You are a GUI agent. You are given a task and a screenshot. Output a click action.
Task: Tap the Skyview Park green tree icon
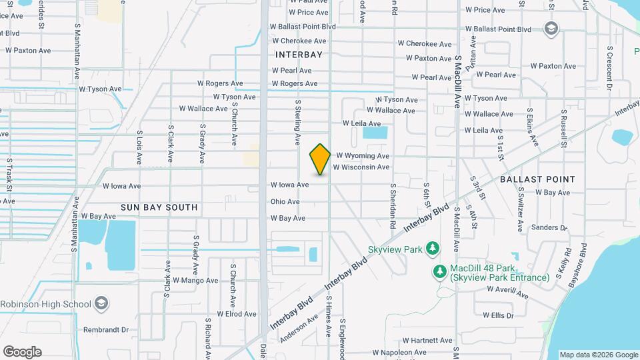pyautogui.click(x=433, y=249)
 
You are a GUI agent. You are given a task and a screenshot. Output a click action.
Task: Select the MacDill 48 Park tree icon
pyautogui.click(x=439, y=271)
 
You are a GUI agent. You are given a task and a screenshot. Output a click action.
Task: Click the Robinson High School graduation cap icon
pyautogui.click(x=101, y=304)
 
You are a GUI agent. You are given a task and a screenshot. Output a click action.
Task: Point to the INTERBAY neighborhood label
pyautogui.click(x=299, y=55)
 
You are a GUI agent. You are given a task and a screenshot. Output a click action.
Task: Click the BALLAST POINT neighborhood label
pyautogui.click(x=537, y=179)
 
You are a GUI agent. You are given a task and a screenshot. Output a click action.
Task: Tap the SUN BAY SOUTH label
pyautogui.click(x=159, y=207)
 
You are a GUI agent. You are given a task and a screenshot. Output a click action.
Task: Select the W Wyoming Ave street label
pyautogui.click(x=363, y=155)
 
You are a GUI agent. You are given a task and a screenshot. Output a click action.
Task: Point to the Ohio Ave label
pyautogui.click(x=285, y=202)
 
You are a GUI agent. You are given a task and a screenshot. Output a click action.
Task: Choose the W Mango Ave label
pyautogui.click(x=195, y=281)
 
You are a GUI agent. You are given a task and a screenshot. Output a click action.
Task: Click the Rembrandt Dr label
pyautogui.click(x=105, y=330)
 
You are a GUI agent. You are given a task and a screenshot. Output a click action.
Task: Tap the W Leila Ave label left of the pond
pyautogui.click(x=361, y=123)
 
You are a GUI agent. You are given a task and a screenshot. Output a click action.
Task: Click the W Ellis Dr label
pyautogui.click(x=499, y=315)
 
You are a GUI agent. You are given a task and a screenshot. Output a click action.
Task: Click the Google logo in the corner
pyautogui.click(x=22, y=352)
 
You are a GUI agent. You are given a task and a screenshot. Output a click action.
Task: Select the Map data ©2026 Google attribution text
pyautogui.click(x=598, y=355)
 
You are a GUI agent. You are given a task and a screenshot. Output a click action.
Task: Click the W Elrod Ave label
pyautogui.click(x=231, y=314)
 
